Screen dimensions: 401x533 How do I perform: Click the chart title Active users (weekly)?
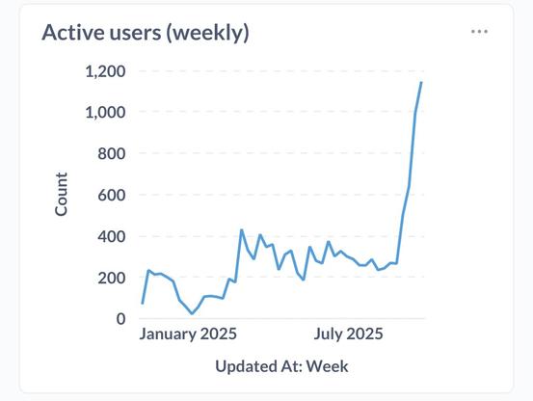click(x=146, y=33)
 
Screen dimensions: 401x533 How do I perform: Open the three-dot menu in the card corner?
click(x=479, y=32)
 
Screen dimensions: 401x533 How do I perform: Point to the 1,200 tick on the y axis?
click(x=105, y=71)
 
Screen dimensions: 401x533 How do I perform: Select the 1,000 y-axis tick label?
click(x=105, y=113)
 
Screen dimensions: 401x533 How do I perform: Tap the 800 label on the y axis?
click(x=112, y=154)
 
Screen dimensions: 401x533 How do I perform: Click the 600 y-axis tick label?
click(x=112, y=195)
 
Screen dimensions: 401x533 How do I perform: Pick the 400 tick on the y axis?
click(x=112, y=236)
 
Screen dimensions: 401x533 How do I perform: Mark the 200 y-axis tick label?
click(x=112, y=278)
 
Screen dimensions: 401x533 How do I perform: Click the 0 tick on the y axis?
click(x=121, y=319)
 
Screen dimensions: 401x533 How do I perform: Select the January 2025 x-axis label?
click(x=188, y=334)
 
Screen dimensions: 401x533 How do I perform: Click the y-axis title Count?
click(x=62, y=194)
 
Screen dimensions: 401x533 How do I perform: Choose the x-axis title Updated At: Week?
click(x=281, y=366)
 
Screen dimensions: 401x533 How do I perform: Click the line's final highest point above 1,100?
click(x=421, y=83)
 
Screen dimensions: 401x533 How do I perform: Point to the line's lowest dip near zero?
click(x=192, y=313)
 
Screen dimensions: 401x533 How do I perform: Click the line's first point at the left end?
click(x=143, y=304)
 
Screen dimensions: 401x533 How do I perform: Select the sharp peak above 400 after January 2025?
click(x=241, y=229)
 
